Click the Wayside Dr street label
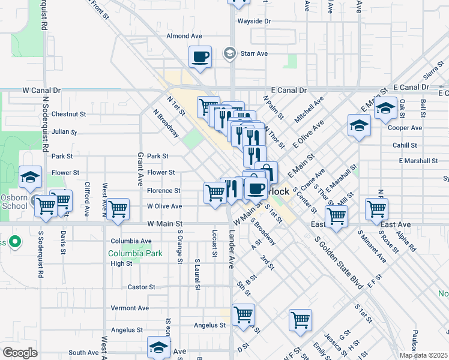[x=254, y=21]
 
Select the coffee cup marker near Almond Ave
[x=200, y=57]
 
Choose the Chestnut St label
[x=69, y=114]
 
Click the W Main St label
[x=164, y=223]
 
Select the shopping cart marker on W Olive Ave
[x=118, y=209]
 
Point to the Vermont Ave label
[x=130, y=308]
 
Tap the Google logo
[x=20, y=353]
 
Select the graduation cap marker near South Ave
[x=159, y=347]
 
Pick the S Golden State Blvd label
[x=339, y=263]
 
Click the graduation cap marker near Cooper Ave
[x=359, y=125]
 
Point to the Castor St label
[x=142, y=287]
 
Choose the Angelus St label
[x=209, y=325]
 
